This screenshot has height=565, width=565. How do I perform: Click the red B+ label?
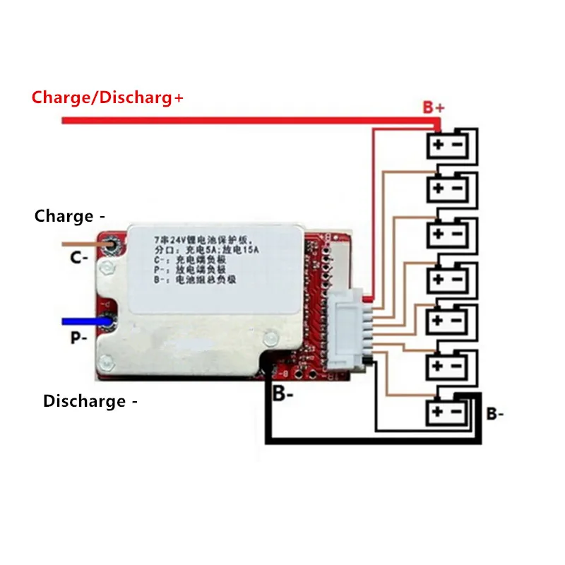coord(433,107)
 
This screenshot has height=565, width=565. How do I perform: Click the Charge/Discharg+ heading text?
coord(107,97)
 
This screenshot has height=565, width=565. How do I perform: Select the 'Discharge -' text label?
coord(90,401)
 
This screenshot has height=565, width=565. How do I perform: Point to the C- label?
coord(79,258)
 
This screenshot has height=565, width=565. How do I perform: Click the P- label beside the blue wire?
coord(79,338)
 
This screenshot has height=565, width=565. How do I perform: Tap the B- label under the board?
coord(283,394)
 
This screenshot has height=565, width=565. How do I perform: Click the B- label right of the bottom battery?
coord(494,414)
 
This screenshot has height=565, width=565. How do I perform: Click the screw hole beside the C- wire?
coord(112,245)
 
